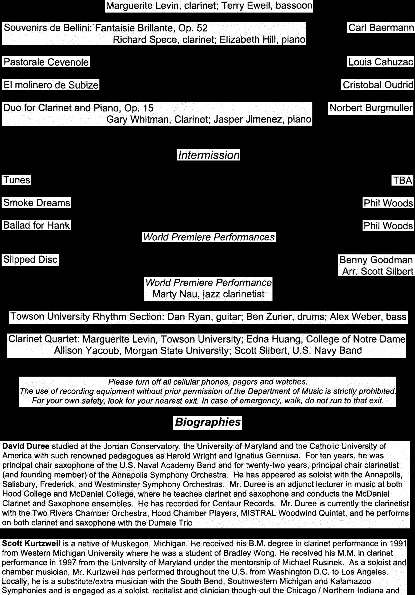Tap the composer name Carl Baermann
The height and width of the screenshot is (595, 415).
tap(380, 27)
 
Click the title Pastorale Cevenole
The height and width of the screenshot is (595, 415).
tap(46, 62)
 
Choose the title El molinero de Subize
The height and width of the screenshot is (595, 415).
tap(51, 85)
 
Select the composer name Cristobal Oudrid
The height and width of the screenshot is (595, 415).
tap(378, 85)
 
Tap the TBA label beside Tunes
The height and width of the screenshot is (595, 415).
tap(402, 180)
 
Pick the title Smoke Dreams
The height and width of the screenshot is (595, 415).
tap(37, 203)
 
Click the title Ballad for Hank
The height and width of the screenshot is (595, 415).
tap(37, 225)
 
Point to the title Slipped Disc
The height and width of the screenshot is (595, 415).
tap(30, 260)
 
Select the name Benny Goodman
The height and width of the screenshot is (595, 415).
tap(376, 260)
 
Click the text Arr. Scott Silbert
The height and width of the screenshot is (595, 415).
tap(377, 271)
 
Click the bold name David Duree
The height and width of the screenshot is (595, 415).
tap(26, 446)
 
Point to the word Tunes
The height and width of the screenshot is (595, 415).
tap(17, 180)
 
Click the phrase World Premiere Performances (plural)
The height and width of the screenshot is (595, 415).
tap(208, 237)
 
